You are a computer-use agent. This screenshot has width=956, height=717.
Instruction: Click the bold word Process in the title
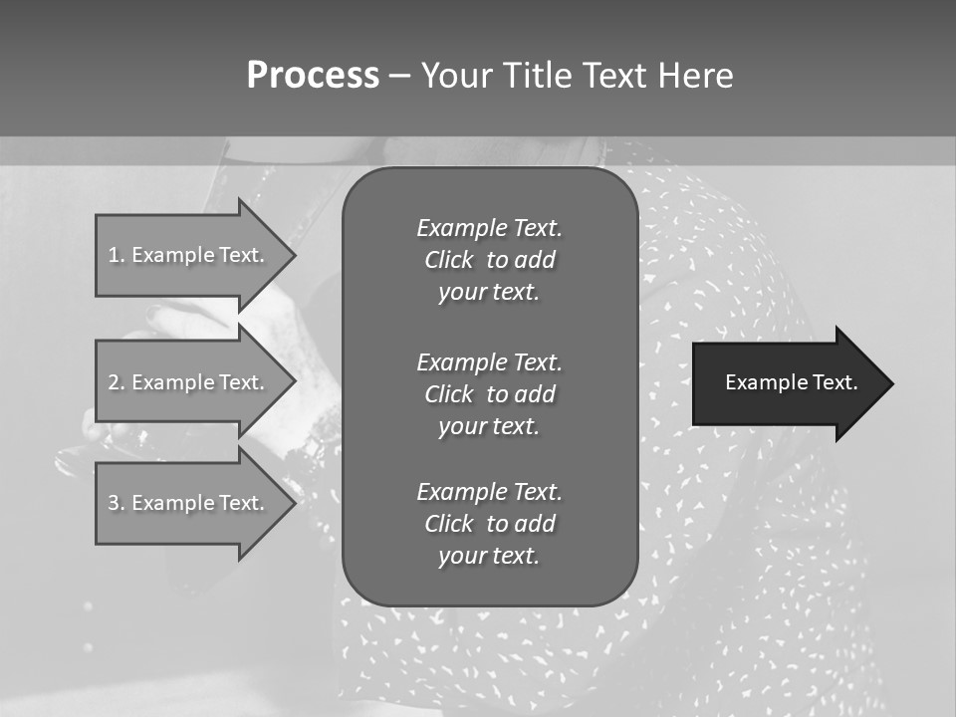(313, 76)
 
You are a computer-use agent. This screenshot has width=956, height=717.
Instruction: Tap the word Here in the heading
(693, 76)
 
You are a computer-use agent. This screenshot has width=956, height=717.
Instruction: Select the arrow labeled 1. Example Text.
(189, 255)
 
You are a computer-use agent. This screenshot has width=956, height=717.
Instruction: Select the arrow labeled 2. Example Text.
(189, 382)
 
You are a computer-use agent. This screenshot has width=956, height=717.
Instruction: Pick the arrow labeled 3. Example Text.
(189, 503)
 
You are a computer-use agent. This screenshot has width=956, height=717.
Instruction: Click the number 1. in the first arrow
(117, 255)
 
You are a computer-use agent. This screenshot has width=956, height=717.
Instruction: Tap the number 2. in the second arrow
(117, 382)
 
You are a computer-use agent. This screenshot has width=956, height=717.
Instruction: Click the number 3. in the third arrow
(117, 503)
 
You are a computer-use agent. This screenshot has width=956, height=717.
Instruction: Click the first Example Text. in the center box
(489, 228)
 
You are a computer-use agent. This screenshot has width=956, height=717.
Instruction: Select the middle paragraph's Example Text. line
(489, 361)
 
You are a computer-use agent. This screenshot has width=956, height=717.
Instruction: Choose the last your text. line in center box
(489, 556)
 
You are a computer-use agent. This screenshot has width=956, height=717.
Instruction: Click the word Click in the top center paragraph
(449, 260)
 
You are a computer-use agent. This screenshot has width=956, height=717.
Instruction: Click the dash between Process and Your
(399, 76)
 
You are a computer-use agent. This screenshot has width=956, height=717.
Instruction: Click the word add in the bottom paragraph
(535, 524)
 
